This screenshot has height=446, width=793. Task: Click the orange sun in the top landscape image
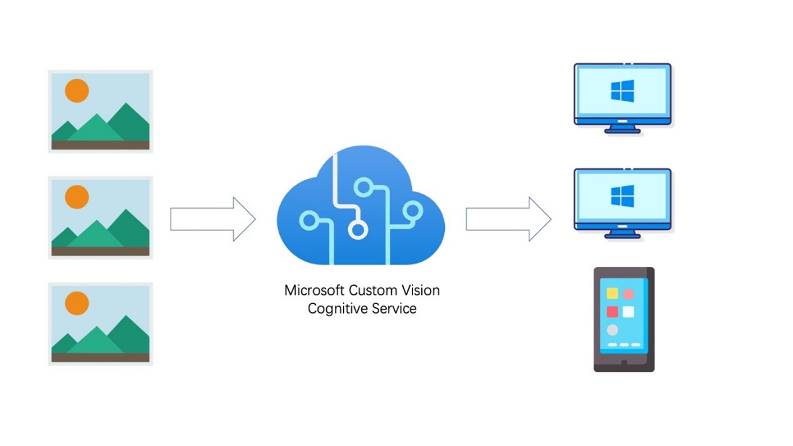77,91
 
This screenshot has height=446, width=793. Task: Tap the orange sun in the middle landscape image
77,197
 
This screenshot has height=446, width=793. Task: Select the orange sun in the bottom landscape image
77,303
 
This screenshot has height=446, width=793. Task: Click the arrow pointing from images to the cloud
213,219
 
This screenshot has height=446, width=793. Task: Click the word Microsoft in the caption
314,290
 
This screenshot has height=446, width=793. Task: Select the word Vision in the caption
422,290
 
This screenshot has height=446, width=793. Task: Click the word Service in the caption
392,309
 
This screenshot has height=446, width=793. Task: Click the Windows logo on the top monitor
622,91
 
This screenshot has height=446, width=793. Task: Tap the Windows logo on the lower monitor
622,196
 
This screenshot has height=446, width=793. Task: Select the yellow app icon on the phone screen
612,293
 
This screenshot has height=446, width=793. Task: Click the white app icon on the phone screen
628,312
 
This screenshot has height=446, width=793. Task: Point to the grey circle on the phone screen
612,330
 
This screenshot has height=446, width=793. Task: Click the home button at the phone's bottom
624,362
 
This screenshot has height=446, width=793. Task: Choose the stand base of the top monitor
622,131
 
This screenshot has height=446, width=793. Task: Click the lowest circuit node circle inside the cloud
357,231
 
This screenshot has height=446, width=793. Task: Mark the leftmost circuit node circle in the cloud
308,221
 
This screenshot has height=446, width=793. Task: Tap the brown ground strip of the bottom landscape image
100,357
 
